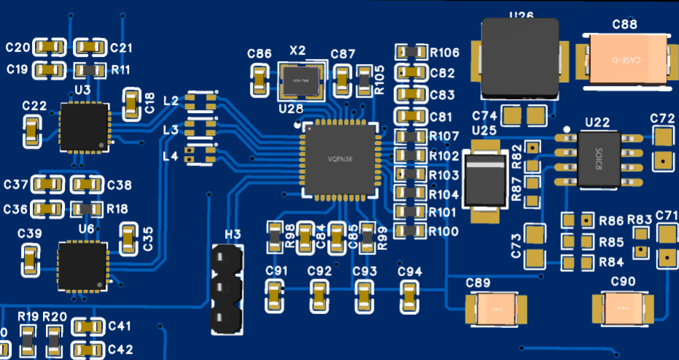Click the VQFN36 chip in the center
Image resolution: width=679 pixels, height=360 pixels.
[x=339, y=159]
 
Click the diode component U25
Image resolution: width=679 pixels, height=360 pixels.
[x=484, y=181]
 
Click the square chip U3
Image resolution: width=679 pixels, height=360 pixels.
[x=84, y=127]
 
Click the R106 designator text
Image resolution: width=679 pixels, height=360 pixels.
[x=444, y=52]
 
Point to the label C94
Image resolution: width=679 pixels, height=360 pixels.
[x=410, y=271]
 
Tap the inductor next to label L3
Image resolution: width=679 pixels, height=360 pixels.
[x=200, y=128]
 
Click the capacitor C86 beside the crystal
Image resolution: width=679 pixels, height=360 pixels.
[x=259, y=80]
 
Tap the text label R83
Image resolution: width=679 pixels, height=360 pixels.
[x=640, y=219]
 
